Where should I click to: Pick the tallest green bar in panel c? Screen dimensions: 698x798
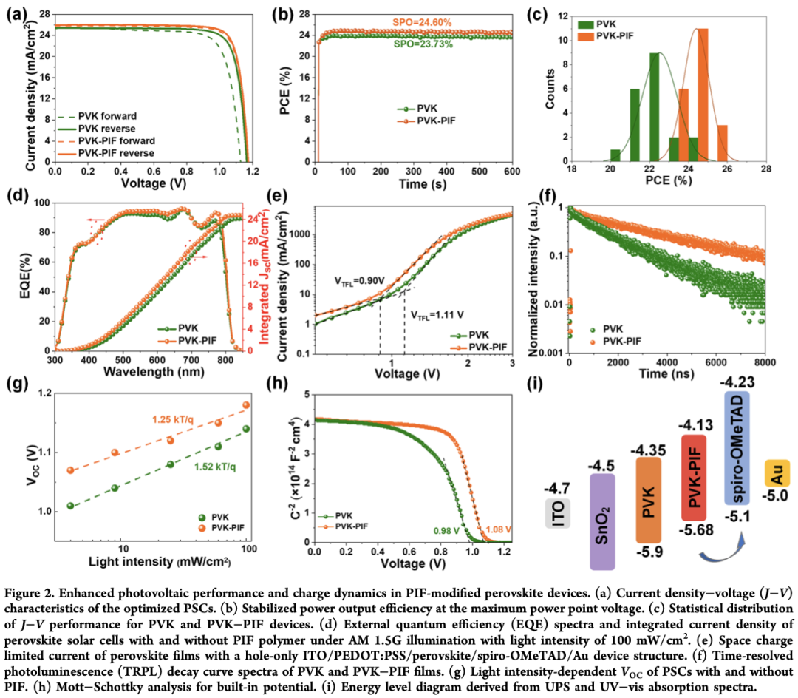click(x=654, y=107)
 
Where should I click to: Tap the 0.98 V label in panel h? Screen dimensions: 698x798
click(x=440, y=529)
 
